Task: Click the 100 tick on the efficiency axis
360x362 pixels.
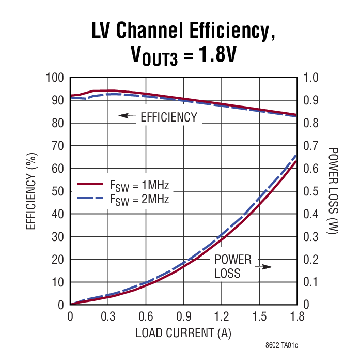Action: [54, 78]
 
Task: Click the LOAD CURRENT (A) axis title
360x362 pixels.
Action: [183, 333]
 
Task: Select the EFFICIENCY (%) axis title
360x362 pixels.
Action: [32, 191]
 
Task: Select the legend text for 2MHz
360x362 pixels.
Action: [139, 199]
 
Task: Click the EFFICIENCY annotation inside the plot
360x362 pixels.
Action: [169, 117]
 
